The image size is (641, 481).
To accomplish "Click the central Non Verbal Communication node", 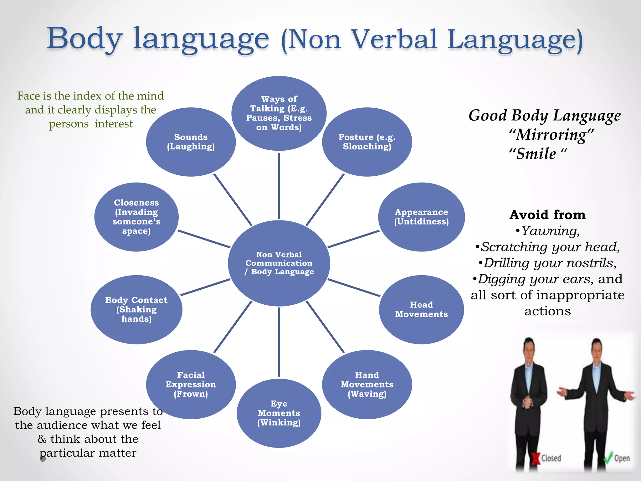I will (279, 263).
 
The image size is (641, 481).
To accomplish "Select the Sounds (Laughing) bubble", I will (191, 142).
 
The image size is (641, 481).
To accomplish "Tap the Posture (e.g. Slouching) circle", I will (367, 142).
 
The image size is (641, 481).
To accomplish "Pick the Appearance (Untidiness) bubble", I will (421, 217).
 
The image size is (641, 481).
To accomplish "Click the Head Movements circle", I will (421, 309).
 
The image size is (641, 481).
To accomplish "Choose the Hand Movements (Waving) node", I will (367, 384).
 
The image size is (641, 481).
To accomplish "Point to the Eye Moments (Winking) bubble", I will (279, 413).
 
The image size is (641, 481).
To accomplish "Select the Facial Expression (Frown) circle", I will (191, 384).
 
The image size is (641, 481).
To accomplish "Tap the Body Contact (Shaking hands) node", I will (136, 309).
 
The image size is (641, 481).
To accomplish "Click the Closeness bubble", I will (136, 217).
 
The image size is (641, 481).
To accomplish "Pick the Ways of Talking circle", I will (279, 113).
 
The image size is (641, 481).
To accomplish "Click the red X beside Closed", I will (536, 458).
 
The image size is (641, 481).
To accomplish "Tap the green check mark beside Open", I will (608, 458).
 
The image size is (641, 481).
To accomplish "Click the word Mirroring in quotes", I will (551, 135).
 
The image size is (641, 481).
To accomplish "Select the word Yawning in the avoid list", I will (550, 231).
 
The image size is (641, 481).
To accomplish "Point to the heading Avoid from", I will (547, 215).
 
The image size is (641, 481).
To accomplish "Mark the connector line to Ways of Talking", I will (279, 186).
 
